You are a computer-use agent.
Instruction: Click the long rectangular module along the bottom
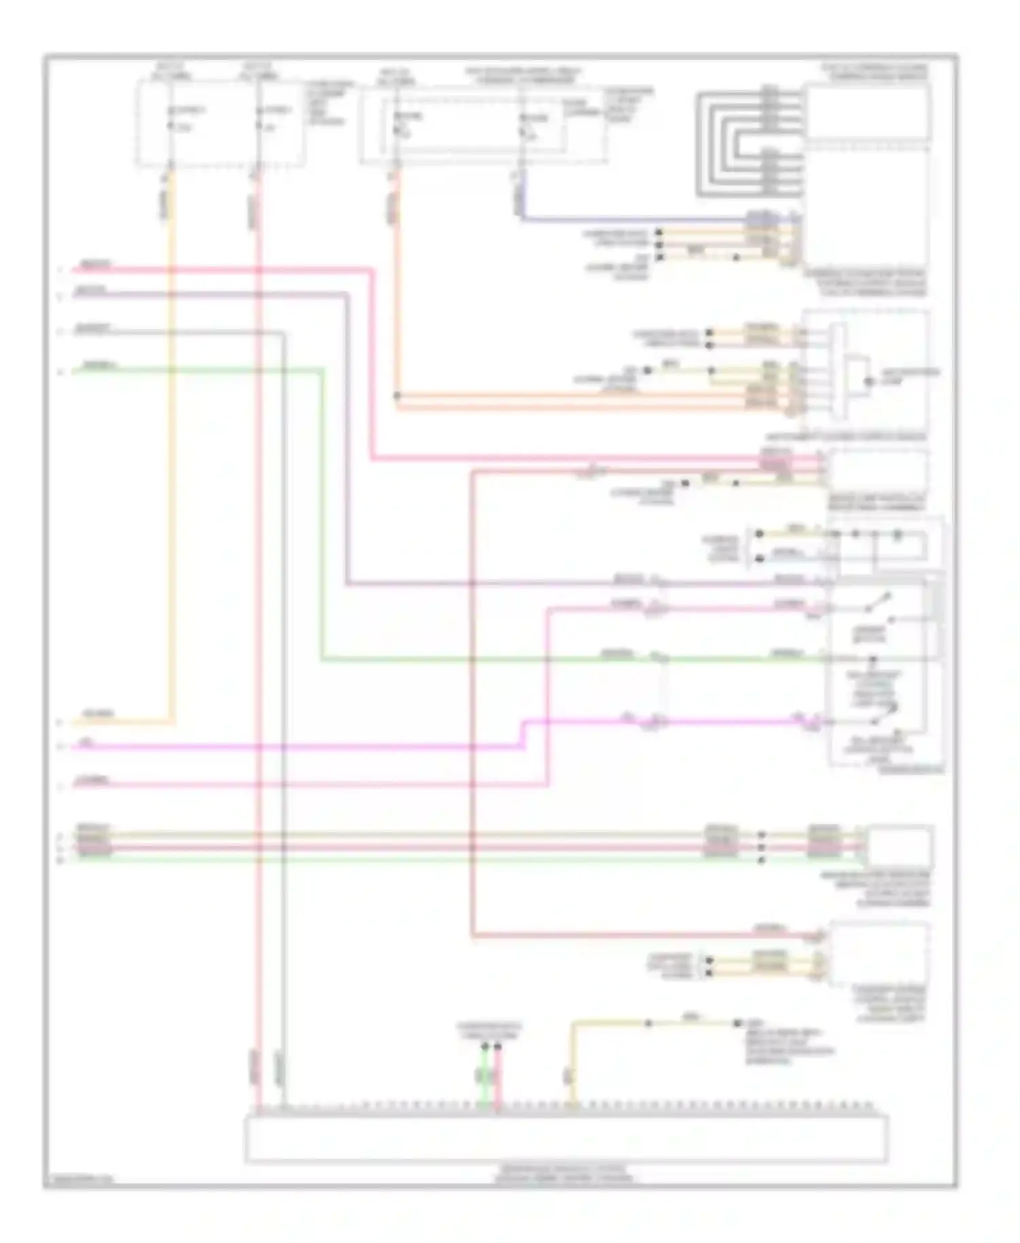566,1138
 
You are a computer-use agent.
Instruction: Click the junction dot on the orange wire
397,395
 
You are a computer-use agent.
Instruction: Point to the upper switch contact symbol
880,601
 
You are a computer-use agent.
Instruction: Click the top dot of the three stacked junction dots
762,834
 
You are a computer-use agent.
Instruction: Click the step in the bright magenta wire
524,734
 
